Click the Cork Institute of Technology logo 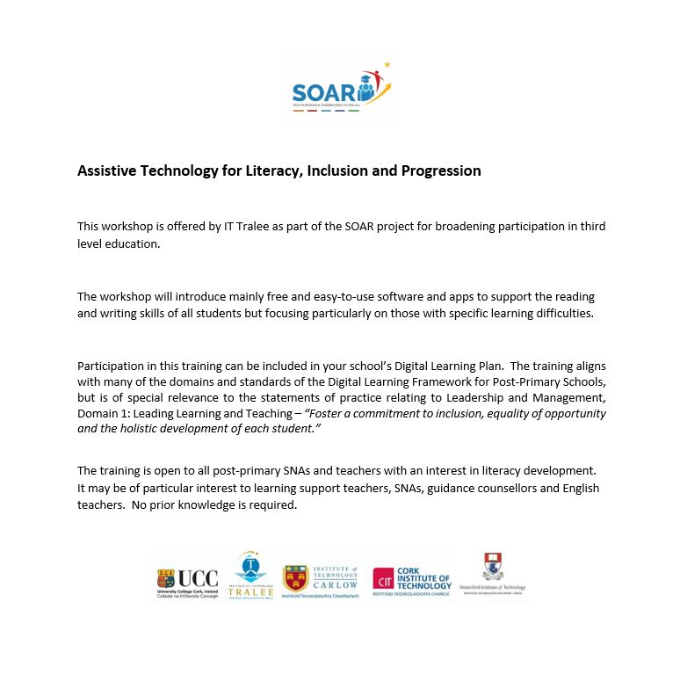(x=411, y=581)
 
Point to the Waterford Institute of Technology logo (x=492, y=575)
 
